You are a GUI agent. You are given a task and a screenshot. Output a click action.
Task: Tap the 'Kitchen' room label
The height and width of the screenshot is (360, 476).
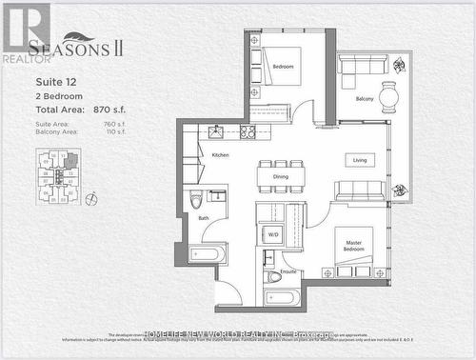pos(220,154)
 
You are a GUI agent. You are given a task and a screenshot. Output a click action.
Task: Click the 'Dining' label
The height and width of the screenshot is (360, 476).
pos(281,176)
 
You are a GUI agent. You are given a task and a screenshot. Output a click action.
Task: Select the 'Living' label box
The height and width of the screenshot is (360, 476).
pos(360,160)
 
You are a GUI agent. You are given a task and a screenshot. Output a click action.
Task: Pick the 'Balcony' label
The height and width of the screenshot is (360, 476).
pos(365,98)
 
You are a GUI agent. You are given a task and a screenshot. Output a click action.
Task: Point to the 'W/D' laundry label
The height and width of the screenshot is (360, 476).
pos(273,233)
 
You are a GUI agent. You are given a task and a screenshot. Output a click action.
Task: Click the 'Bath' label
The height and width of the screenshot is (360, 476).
pos(204,218)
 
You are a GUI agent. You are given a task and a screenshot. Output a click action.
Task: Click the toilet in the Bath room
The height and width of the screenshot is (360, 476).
pos(196,199)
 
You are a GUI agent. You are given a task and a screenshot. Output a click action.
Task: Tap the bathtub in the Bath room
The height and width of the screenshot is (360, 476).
pos(207,253)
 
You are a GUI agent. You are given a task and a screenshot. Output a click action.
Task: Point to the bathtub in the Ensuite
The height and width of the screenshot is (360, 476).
pos(283,297)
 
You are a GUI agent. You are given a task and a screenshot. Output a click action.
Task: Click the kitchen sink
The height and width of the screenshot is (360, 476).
pos(215,131)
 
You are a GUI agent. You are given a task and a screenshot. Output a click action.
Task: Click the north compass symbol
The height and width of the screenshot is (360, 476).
pos(91,199)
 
